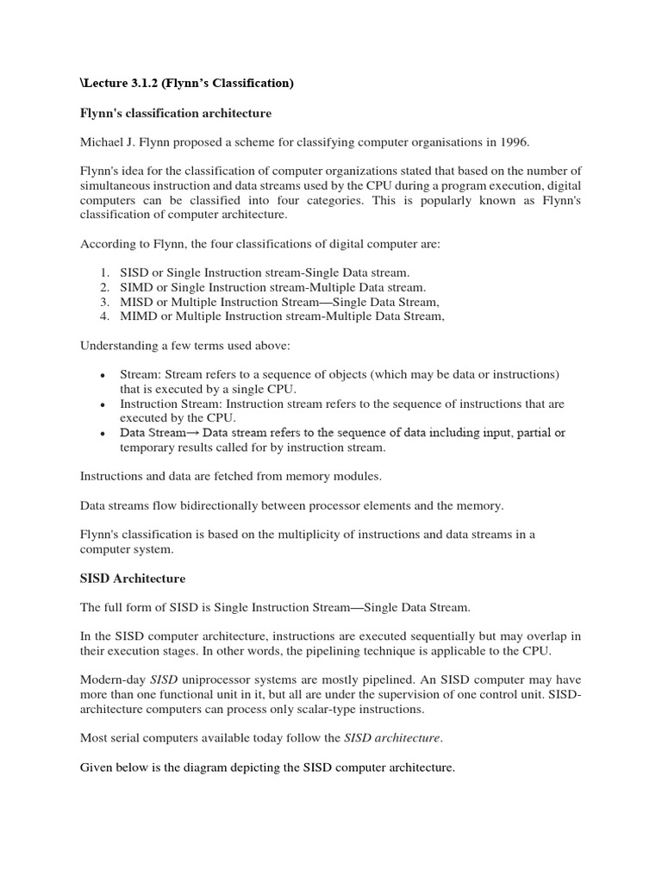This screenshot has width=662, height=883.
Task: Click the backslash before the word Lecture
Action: tap(83, 83)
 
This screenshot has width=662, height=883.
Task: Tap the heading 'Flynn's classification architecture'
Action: tap(176, 113)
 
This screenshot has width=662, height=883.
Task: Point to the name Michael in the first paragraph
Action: tap(103, 142)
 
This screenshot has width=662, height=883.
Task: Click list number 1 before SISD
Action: tap(103, 272)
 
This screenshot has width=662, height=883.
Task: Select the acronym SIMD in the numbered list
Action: tap(136, 286)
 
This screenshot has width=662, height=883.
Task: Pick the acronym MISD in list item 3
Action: tap(136, 301)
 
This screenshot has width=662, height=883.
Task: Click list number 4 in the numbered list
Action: tap(103, 316)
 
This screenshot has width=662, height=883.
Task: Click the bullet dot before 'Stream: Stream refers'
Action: tap(103, 376)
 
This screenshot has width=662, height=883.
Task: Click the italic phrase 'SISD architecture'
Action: tap(392, 738)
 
